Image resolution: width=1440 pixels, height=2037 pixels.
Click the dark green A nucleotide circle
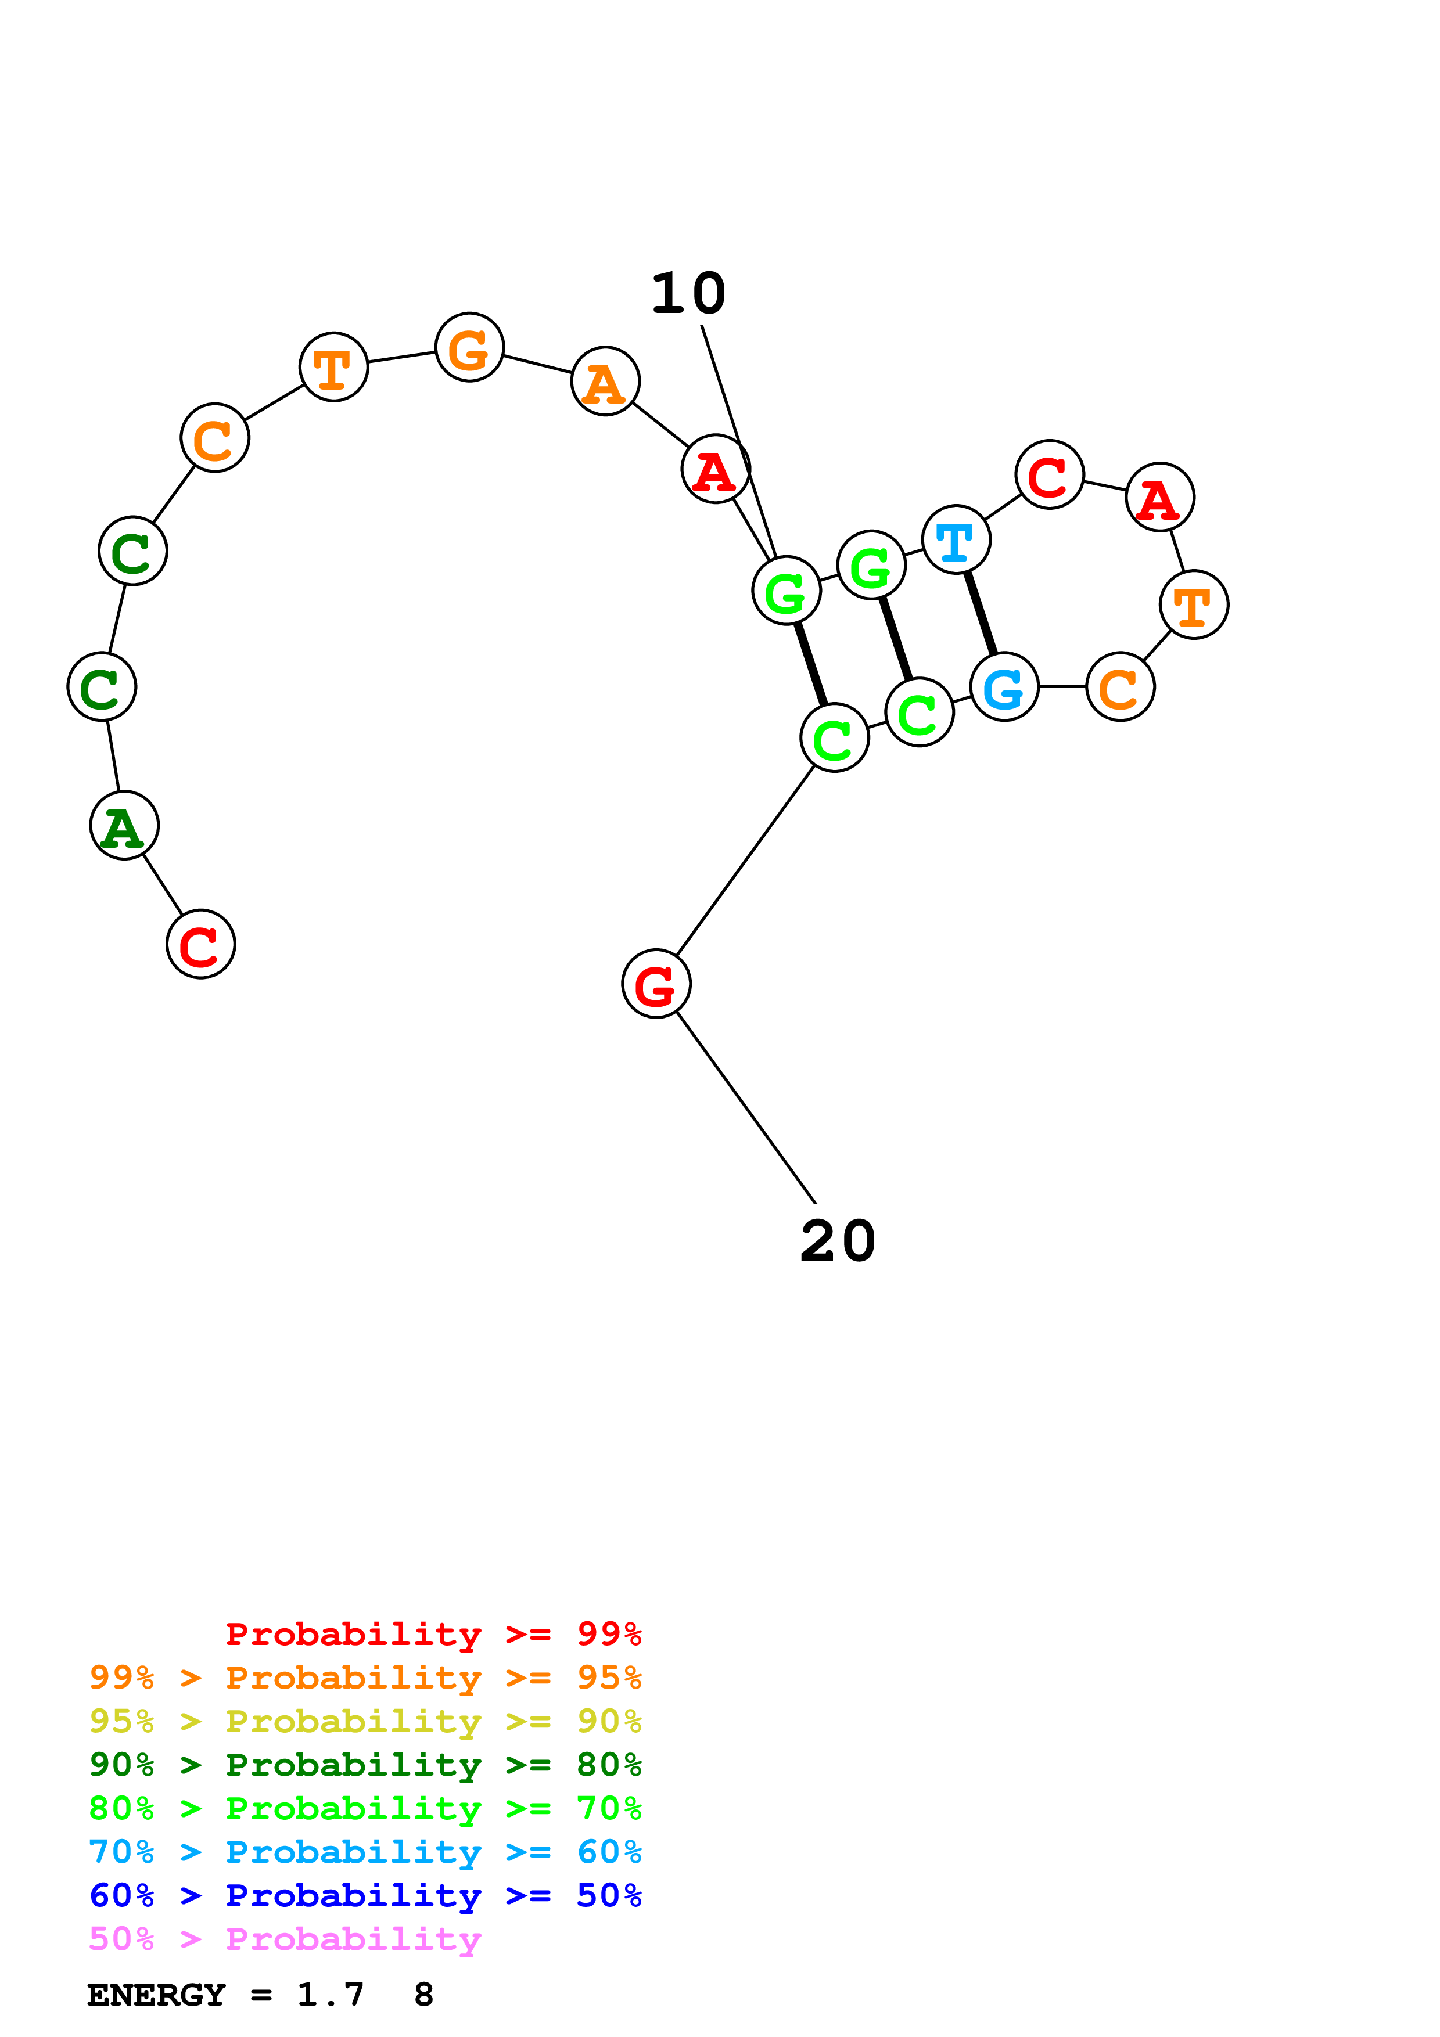click(124, 826)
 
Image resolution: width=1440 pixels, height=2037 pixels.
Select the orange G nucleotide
click(469, 347)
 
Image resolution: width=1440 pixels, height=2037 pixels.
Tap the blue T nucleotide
click(956, 539)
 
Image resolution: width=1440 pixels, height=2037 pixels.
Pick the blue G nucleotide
click(1004, 687)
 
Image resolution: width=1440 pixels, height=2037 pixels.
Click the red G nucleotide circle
click(656, 984)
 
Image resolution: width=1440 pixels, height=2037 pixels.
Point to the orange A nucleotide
click(605, 382)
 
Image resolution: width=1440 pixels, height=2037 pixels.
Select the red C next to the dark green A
click(200, 944)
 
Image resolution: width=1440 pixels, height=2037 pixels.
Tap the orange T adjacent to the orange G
click(333, 366)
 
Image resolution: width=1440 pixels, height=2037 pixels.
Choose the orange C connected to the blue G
click(1120, 687)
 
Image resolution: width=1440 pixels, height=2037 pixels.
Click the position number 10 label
click(688, 294)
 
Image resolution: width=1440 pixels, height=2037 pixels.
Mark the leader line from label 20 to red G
click(745, 1107)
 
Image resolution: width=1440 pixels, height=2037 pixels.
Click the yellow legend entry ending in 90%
click(365, 1721)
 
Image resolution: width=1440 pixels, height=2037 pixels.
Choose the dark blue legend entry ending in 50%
click(365, 1895)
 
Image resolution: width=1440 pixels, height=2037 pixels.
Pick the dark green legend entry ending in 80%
click(365, 1765)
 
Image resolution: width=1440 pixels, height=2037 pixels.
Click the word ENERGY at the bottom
click(156, 1995)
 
